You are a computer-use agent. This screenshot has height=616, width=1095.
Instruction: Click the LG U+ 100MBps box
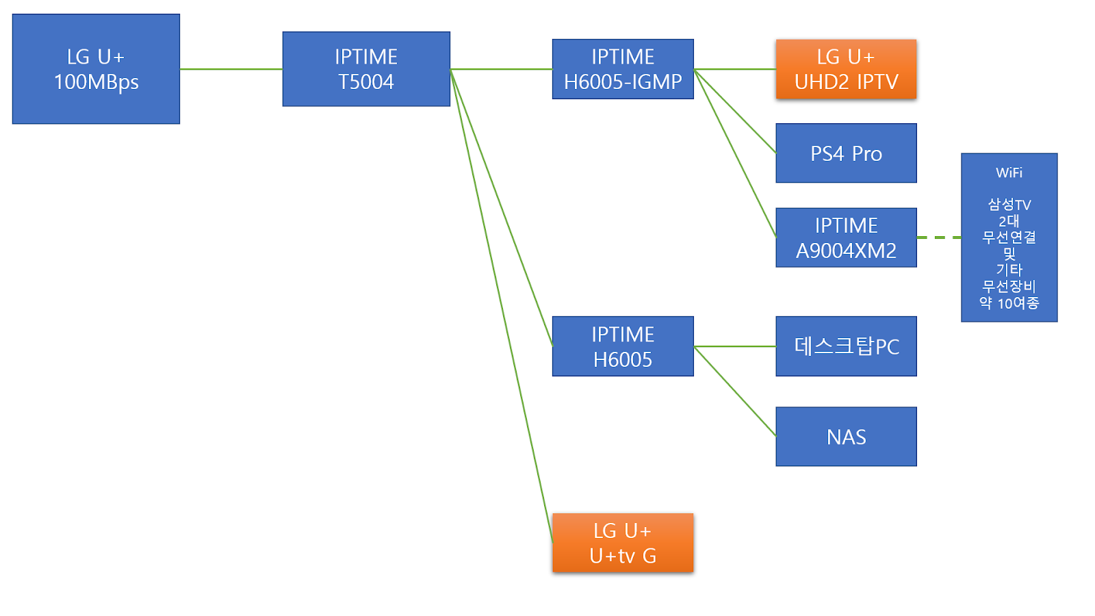96,69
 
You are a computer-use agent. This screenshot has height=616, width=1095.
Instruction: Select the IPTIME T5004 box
366,69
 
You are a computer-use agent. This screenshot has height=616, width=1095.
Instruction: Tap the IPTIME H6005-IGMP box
623,69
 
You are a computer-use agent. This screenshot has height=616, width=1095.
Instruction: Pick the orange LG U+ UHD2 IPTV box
846,69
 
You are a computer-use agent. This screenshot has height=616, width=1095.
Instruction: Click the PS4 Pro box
846,153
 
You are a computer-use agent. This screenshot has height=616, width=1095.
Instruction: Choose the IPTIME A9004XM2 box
846,238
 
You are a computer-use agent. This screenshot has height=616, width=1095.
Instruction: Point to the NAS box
846,437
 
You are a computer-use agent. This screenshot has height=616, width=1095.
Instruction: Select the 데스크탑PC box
846,346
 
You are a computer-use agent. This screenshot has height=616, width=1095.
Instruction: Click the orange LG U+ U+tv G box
623,543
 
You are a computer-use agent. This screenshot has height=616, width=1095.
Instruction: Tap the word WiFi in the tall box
1009,172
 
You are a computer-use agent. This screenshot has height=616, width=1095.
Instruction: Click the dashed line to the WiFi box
939,238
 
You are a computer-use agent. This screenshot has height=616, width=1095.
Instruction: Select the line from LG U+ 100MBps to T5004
231,69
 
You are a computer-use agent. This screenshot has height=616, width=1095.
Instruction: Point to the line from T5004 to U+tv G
501,306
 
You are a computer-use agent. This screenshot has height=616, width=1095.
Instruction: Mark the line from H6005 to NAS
735,391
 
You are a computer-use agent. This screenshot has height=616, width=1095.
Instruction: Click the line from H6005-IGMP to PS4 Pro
735,111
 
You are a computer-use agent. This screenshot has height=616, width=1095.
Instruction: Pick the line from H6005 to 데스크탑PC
735,346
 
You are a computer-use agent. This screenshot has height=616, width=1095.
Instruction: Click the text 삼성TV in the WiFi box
1009,205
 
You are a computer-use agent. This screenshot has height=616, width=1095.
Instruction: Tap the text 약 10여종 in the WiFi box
1009,303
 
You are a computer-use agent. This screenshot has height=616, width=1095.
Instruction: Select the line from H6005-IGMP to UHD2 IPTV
735,69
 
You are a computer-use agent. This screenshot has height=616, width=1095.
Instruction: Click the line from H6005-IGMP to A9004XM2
735,153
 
